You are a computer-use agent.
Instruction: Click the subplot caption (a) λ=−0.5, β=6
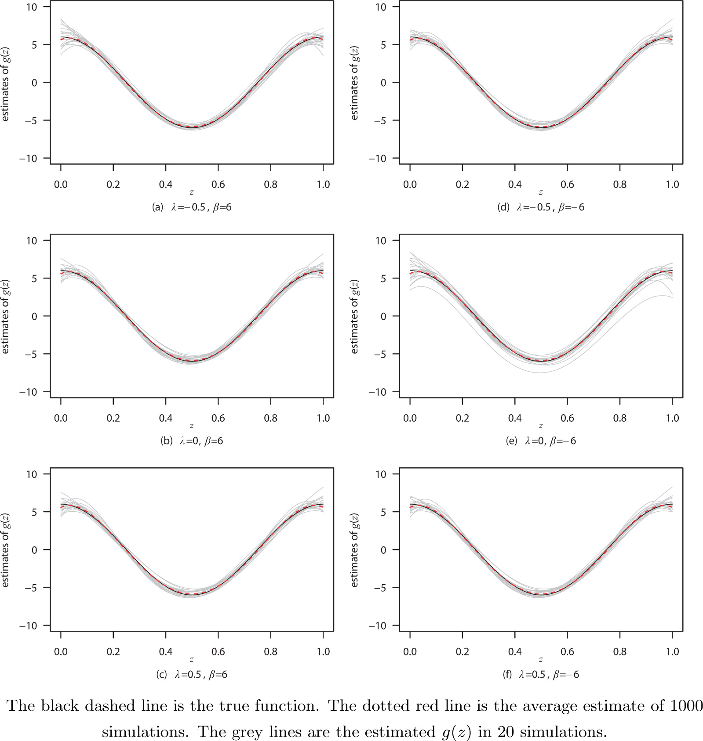click(192, 207)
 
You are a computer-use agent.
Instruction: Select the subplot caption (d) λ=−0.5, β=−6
click(541, 207)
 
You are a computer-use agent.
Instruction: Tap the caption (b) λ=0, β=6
click(192, 441)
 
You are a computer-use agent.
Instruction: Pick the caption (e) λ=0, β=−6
click(541, 441)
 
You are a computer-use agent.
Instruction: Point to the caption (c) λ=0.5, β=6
click(192, 675)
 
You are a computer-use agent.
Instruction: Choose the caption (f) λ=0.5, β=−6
click(541, 675)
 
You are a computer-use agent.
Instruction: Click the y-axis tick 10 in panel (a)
click(32, 7)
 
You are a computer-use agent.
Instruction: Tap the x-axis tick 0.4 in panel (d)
click(515, 184)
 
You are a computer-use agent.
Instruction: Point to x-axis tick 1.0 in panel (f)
click(672, 652)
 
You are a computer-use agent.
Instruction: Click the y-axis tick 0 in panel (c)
click(34, 550)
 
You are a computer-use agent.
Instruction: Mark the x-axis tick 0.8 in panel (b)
click(270, 418)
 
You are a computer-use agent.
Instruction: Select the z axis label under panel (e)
click(541, 426)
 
